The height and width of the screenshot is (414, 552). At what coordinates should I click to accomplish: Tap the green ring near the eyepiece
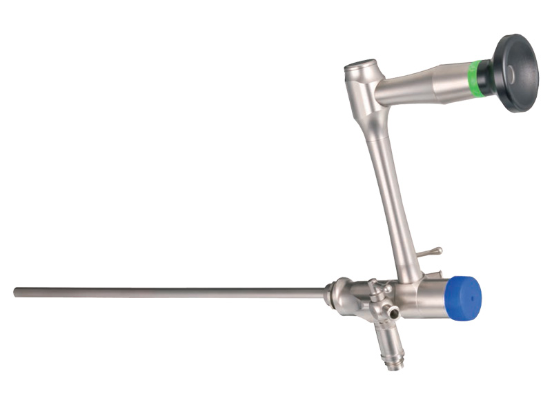tap(474, 77)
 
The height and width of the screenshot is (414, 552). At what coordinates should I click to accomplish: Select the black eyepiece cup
tap(517, 72)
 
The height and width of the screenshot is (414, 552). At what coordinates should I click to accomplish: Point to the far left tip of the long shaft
tap(16, 292)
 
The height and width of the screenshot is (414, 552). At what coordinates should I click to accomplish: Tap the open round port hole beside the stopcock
tap(394, 313)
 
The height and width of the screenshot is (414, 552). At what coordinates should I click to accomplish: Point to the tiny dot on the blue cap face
tap(473, 293)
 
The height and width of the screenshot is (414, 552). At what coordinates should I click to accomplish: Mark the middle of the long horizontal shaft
tap(169, 293)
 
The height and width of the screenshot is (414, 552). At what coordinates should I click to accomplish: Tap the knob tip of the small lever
tap(439, 250)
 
